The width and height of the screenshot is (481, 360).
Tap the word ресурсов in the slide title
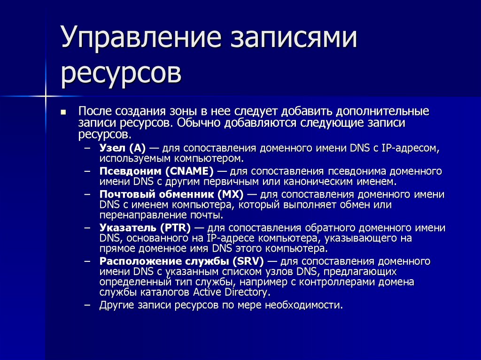click(x=121, y=74)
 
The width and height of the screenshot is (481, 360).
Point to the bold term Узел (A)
click(x=123, y=148)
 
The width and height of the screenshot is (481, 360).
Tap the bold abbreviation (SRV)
click(x=248, y=261)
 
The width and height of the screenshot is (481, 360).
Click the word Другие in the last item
click(x=116, y=305)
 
